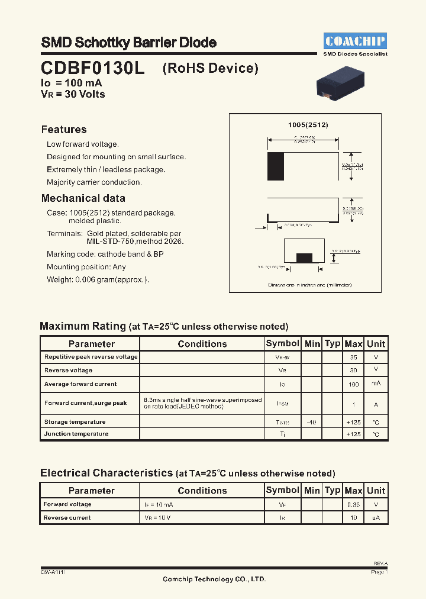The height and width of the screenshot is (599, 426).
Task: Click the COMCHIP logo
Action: pyautogui.click(x=355, y=41)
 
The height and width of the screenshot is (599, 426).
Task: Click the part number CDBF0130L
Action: pyautogui.click(x=92, y=68)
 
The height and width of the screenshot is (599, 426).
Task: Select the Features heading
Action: pyautogui.click(x=64, y=130)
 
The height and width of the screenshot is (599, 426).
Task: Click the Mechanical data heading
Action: pyautogui.click(x=83, y=198)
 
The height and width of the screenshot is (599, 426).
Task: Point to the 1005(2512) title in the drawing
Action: pyautogui.click(x=308, y=125)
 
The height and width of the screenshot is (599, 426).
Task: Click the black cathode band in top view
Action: pyautogui.click(x=276, y=162)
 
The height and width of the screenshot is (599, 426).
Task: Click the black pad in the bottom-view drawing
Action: pyautogui.click(x=304, y=257)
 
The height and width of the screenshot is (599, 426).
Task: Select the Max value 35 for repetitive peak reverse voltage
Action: pyautogui.click(x=354, y=358)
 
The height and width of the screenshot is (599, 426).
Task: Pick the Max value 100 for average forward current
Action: pyautogui.click(x=354, y=384)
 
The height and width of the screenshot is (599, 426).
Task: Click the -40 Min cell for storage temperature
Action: pyautogui.click(x=312, y=422)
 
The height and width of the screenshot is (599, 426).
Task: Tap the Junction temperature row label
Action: pyautogui.click(x=76, y=434)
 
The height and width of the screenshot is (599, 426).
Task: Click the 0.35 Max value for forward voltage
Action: pyautogui.click(x=354, y=505)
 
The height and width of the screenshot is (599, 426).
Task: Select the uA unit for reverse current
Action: pyautogui.click(x=376, y=518)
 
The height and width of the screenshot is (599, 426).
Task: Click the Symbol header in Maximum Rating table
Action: pyautogui.click(x=282, y=343)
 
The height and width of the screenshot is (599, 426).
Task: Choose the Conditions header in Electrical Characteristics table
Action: pyautogui.click(x=202, y=491)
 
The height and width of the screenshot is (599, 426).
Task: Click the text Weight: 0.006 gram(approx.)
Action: pyautogui.click(x=98, y=280)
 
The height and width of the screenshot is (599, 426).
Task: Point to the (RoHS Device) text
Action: pyautogui.click(x=211, y=68)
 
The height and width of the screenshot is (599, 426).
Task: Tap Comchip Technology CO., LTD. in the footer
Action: pyautogui.click(x=214, y=579)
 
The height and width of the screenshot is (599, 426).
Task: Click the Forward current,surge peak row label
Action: pyautogui.click(x=86, y=403)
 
